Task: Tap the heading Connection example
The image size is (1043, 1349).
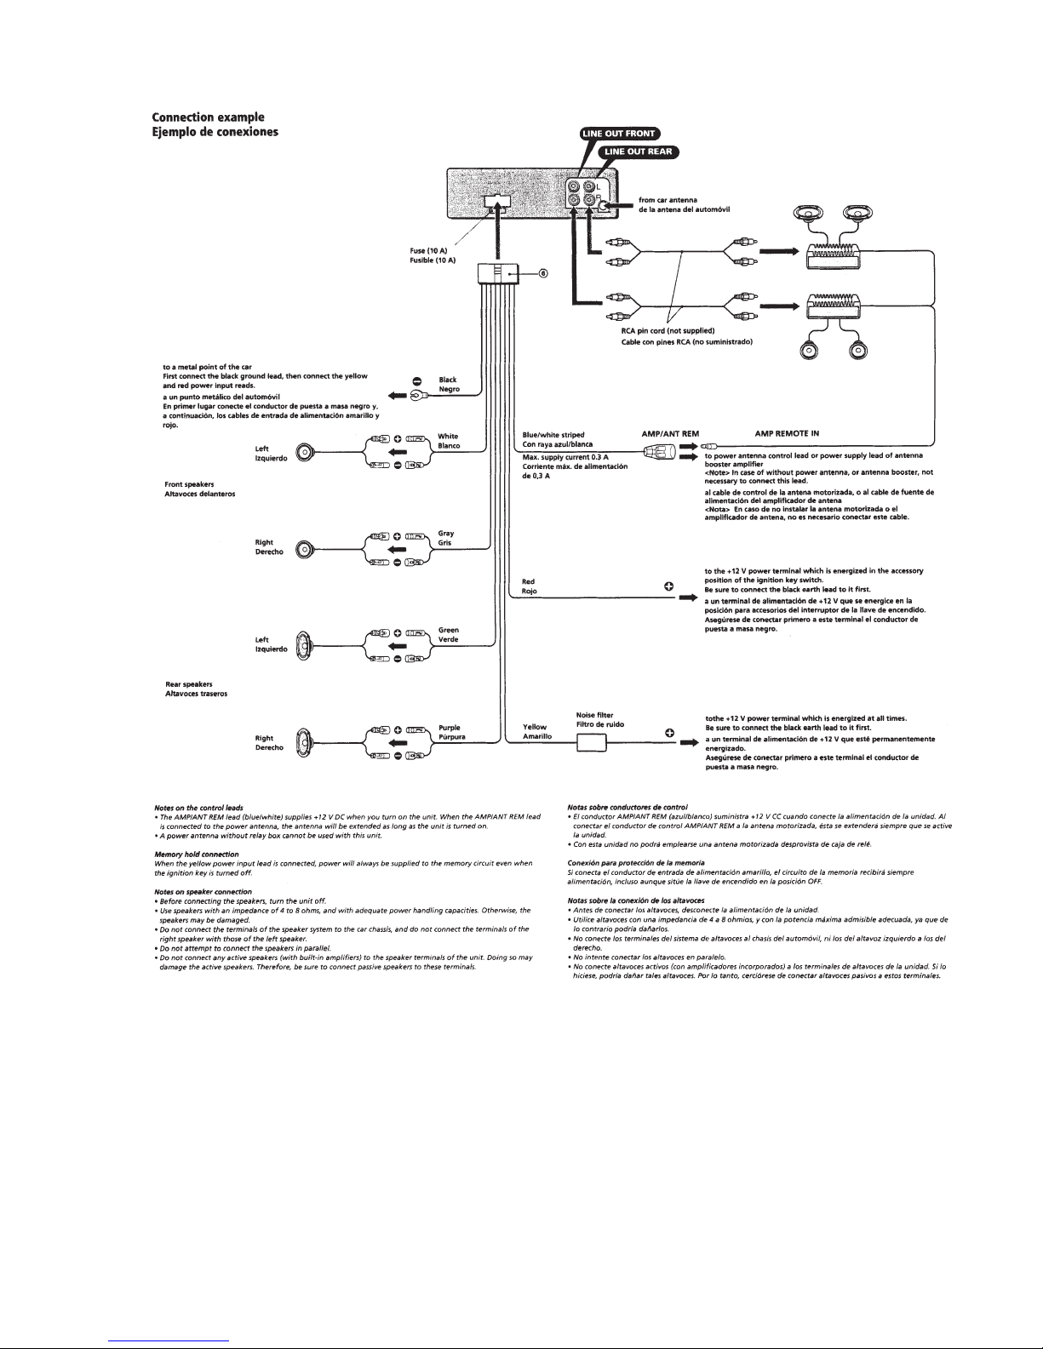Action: coord(208,117)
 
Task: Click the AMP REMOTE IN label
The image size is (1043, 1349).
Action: coord(787,433)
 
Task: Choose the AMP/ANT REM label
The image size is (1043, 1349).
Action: coord(669,433)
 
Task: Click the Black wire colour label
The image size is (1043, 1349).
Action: coord(448,380)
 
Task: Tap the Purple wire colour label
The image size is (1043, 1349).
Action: coord(450,728)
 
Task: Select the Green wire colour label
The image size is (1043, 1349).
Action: coord(449,631)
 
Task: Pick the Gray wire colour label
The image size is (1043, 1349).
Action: coord(446,534)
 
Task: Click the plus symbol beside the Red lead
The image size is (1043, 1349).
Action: coord(669,586)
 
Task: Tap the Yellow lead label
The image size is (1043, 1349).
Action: coord(535,727)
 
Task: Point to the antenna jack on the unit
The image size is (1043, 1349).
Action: coord(603,205)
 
